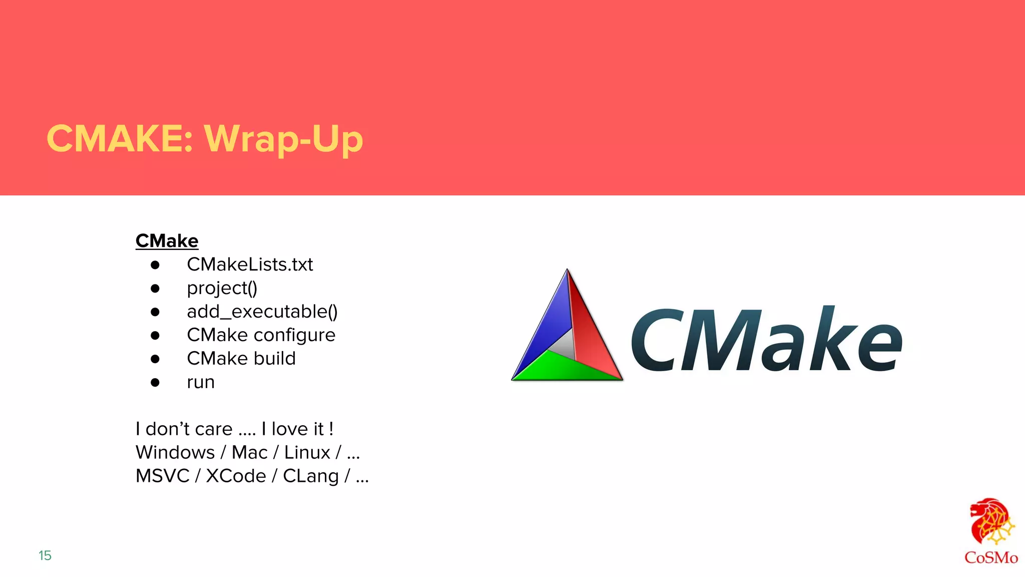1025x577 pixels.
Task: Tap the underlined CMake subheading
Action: pyautogui.click(x=167, y=241)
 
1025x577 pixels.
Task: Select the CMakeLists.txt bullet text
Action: pyautogui.click(x=250, y=264)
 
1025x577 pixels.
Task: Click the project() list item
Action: pyautogui.click(x=222, y=288)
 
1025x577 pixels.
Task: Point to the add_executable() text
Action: pyautogui.click(x=262, y=312)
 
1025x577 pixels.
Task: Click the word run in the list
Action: pyautogui.click(x=201, y=382)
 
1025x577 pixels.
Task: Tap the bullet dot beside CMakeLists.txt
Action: pyautogui.click(x=155, y=265)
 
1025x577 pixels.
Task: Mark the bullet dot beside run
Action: pyautogui.click(x=155, y=383)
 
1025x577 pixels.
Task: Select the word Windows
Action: pyautogui.click(x=175, y=453)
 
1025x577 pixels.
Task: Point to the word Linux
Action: pyautogui.click(x=307, y=453)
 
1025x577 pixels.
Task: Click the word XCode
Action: pyautogui.click(x=236, y=476)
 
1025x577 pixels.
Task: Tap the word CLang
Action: pyautogui.click(x=311, y=476)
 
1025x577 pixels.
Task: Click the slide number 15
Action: pyautogui.click(x=45, y=555)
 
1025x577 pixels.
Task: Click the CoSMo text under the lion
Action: pyautogui.click(x=991, y=558)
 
